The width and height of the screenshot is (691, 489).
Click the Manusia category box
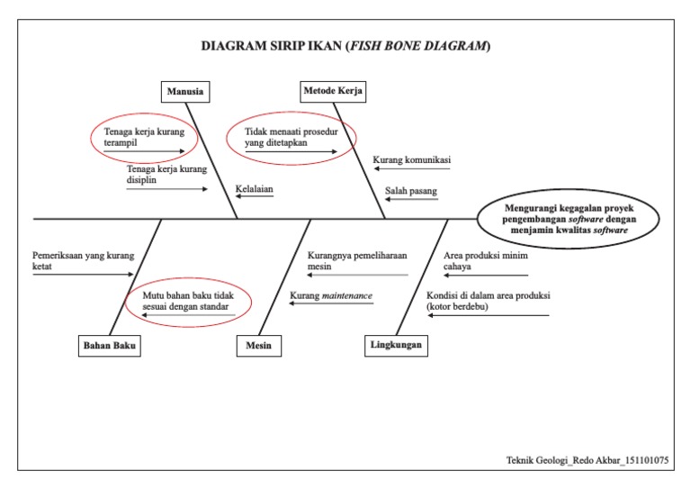coord(185,91)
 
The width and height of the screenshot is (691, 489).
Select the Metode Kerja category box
coord(333,91)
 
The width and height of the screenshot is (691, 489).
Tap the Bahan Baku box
coord(112,345)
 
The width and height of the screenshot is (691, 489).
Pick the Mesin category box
coord(257,345)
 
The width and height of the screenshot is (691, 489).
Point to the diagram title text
coord(345,46)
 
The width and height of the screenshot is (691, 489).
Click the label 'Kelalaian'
coord(254,190)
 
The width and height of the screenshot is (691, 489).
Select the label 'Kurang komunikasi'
coord(411,160)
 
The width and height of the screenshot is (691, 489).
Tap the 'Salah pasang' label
coord(413,190)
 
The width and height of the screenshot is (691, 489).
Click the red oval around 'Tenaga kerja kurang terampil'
coord(143,139)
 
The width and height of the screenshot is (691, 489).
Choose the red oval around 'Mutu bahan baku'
coord(190,302)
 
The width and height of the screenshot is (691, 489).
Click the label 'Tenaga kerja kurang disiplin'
coord(166,174)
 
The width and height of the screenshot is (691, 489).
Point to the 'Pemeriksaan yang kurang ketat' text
coord(83,260)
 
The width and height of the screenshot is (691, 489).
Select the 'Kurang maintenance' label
coord(330,295)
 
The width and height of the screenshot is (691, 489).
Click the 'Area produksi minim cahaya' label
coord(486,260)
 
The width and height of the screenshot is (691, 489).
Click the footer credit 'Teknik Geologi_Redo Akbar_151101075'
coord(587,460)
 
